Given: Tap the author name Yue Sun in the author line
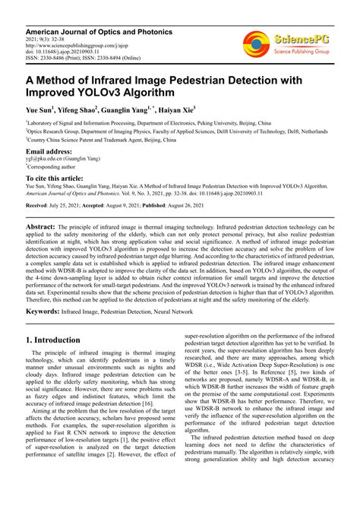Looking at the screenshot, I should (x=41, y=110).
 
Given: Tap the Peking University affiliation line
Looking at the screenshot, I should (x=148, y=122).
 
